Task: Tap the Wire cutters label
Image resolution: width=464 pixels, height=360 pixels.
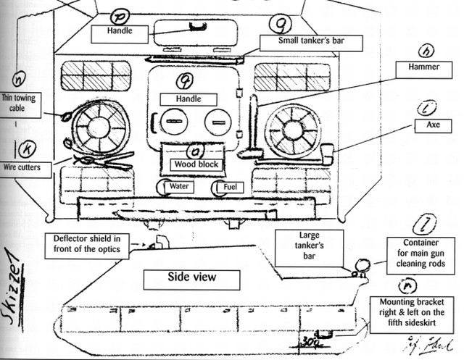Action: [25, 168]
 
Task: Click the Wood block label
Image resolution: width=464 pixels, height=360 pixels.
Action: [195, 164]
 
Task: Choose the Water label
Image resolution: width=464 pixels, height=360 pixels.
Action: [178, 187]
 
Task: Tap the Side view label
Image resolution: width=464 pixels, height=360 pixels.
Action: [193, 277]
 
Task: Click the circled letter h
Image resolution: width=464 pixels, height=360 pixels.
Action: [428, 51]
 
